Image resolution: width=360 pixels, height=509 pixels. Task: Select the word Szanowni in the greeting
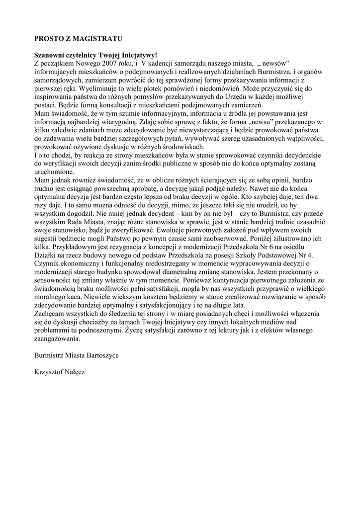tap(49, 56)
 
